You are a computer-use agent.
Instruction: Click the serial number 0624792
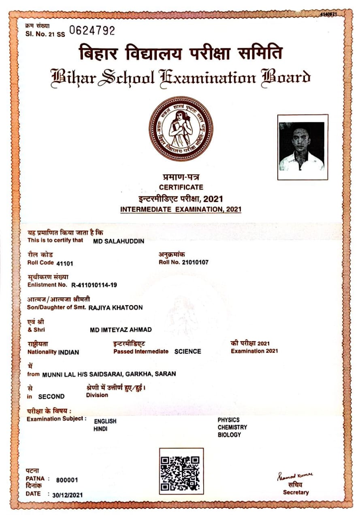[92, 31]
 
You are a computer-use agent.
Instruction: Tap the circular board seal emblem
[180, 129]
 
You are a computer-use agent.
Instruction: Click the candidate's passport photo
[302, 147]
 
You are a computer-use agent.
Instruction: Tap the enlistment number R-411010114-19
[94, 285]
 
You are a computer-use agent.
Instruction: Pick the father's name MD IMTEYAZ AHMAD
[121, 330]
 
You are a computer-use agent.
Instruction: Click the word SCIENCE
[187, 351]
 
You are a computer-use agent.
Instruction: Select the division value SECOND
[51, 397]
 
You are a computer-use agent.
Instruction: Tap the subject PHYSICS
[228, 420]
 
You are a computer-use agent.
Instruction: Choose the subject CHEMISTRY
[232, 427]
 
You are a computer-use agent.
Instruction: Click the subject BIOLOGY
[229, 435]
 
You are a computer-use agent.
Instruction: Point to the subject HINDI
[100, 429]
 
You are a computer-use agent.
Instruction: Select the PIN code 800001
[67, 480]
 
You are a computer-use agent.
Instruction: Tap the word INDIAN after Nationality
[68, 352]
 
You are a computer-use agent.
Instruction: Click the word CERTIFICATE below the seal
[181, 187]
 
